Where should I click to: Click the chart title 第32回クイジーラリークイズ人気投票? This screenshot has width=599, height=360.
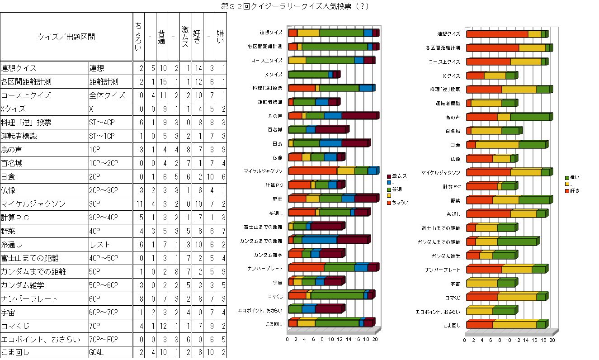coord(295,6)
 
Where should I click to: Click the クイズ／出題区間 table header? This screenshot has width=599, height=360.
coord(66,37)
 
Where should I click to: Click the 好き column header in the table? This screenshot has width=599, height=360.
coord(197,37)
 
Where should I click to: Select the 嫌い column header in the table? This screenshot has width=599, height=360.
coord(220,37)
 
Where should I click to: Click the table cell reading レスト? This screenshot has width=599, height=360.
coord(100,245)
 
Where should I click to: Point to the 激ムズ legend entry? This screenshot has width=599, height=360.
coord(400,175)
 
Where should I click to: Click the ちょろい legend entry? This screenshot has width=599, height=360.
coord(400,203)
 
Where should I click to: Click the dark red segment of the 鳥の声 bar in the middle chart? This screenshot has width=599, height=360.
coord(359,116)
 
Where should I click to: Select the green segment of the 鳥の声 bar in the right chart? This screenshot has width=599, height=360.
coord(529,117)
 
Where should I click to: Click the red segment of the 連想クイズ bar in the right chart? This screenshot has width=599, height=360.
coord(497,34)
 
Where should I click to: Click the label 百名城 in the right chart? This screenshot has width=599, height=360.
coord(453,131)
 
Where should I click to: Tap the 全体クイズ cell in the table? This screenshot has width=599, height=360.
coord(103,95)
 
